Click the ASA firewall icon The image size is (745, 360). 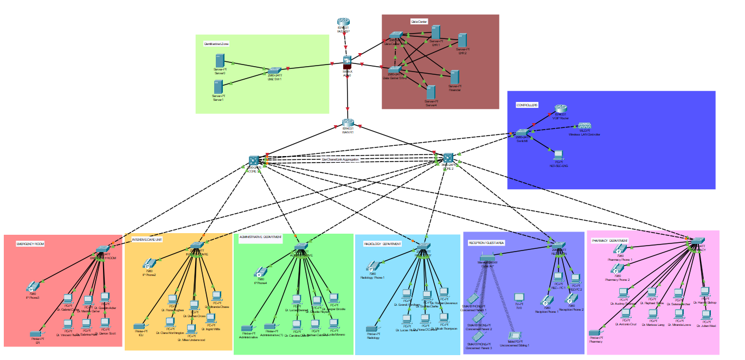click(348, 62)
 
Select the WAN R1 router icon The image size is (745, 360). click(348, 123)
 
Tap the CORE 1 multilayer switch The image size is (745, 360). click(254, 160)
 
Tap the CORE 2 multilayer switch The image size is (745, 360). click(447, 158)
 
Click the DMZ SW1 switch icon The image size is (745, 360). click(274, 71)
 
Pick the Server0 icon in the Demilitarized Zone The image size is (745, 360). click(219, 60)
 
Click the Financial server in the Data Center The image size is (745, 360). click(454, 77)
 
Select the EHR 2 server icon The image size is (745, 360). click(462, 41)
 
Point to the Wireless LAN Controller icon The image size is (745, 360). click(584, 126)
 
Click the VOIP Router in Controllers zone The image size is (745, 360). click(560, 108)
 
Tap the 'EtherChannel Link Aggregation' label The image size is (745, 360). click(341, 159)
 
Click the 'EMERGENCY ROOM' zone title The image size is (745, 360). click(30, 245)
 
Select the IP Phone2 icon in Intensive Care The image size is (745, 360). click(149, 264)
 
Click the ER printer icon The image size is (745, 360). click(36, 332)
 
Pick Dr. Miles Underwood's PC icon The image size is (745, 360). click(191, 328)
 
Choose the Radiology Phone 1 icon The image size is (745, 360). click(372, 267)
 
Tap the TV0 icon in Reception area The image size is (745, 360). click(518, 298)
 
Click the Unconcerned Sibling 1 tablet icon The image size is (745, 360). click(514, 336)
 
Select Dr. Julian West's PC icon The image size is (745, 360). click(705, 314)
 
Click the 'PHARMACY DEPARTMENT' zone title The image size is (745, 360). click(610, 240)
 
